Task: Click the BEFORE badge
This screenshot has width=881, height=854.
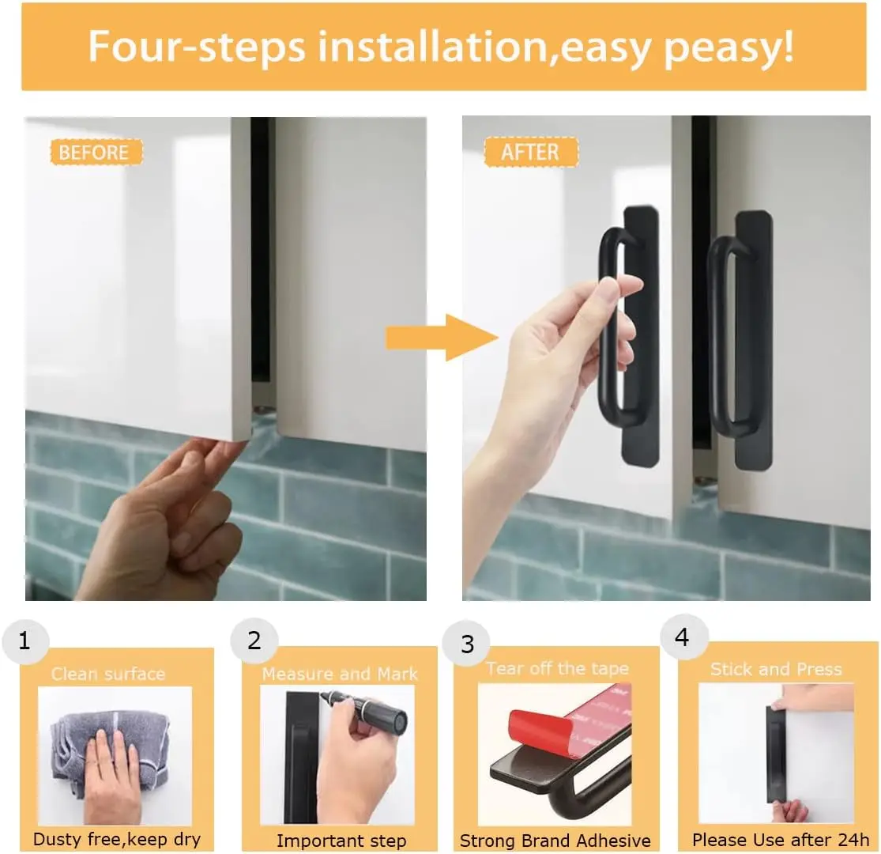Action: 96,152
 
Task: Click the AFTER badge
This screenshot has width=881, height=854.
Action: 531,152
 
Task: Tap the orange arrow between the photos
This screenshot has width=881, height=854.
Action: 442,338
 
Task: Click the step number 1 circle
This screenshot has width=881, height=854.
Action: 25,641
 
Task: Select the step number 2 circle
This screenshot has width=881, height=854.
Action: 254,641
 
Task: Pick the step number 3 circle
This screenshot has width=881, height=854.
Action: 466,644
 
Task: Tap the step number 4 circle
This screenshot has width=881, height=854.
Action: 683,637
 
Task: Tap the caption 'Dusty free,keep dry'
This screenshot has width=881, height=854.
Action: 117,840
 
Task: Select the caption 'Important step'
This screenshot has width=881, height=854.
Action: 341,841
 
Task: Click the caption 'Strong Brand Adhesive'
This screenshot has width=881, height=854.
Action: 555,841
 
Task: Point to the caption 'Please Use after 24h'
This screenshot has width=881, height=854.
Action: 781,840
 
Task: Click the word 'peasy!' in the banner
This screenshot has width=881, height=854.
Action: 729,47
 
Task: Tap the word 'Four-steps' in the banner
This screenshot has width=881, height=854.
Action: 197,47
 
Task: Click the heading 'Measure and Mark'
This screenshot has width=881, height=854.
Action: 340,674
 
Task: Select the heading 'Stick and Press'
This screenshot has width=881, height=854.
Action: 776,669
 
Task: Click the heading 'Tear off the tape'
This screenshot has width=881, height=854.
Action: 557,668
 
